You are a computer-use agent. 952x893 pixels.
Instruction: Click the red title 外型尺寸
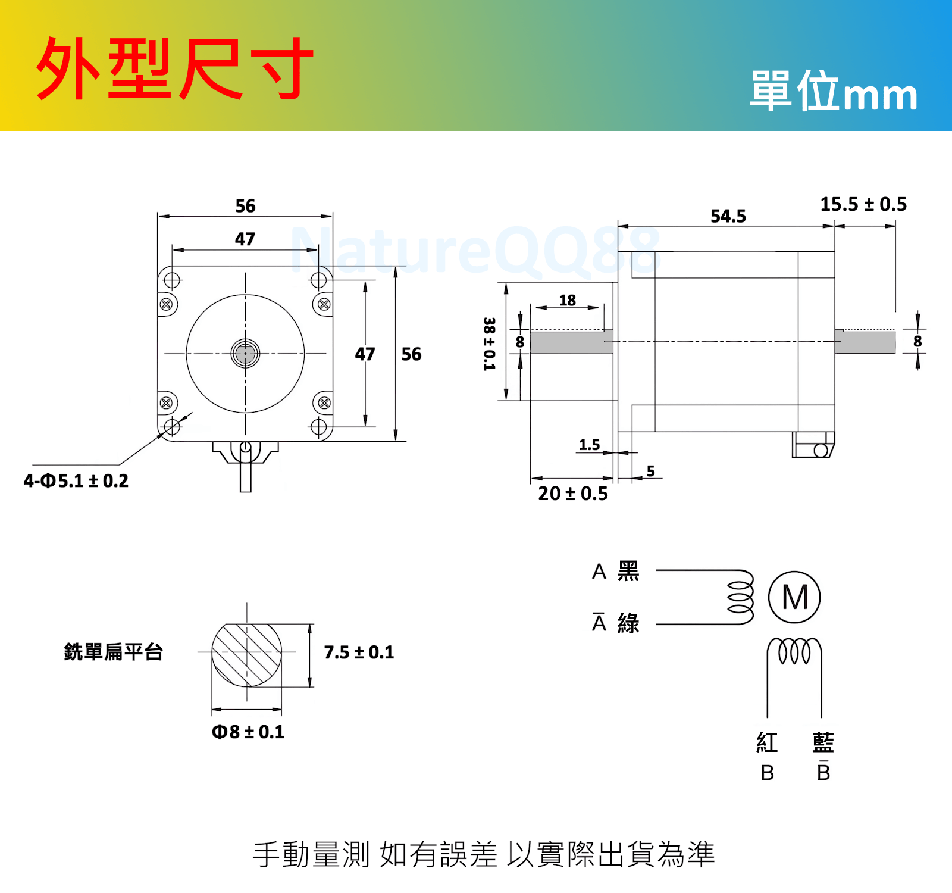pyautogui.click(x=174, y=68)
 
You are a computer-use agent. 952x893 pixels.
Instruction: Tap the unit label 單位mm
pyautogui.click(x=834, y=92)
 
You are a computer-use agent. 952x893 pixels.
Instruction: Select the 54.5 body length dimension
pyautogui.click(x=728, y=216)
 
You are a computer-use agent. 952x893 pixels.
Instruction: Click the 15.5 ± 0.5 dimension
pyautogui.click(x=863, y=204)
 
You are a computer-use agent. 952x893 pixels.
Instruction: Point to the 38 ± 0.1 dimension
pyautogui.click(x=489, y=344)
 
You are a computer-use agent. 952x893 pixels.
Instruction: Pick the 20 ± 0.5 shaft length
pyautogui.click(x=572, y=494)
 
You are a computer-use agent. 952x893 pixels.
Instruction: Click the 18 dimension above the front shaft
pyautogui.click(x=567, y=300)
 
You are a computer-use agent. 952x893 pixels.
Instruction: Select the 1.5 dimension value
pyautogui.click(x=589, y=445)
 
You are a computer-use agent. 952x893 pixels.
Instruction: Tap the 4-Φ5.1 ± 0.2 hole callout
pyautogui.click(x=76, y=480)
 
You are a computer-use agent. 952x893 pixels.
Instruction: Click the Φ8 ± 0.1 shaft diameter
pyautogui.click(x=248, y=732)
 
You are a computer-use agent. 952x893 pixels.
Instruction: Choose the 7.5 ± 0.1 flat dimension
pyautogui.click(x=359, y=652)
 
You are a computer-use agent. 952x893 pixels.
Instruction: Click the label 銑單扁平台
pyautogui.click(x=113, y=652)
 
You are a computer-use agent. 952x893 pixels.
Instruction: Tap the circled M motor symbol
pyautogui.click(x=794, y=597)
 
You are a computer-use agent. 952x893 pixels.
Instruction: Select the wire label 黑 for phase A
pyautogui.click(x=628, y=571)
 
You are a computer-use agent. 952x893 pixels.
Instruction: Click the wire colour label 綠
pyautogui.click(x=628, y=623)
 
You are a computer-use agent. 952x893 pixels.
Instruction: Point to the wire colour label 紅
pyautogui.click(x=767, y=742)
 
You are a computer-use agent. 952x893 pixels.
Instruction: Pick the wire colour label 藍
pyautogui.click(x=823, y=742)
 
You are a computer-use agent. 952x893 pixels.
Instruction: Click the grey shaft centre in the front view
pyautogui.click(x=245, y=354)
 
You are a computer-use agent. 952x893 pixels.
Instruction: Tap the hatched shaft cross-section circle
pyautogui.click(x=247, y=654)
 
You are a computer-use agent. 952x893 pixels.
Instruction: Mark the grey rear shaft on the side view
pyautogui.click(x=865, y=342)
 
